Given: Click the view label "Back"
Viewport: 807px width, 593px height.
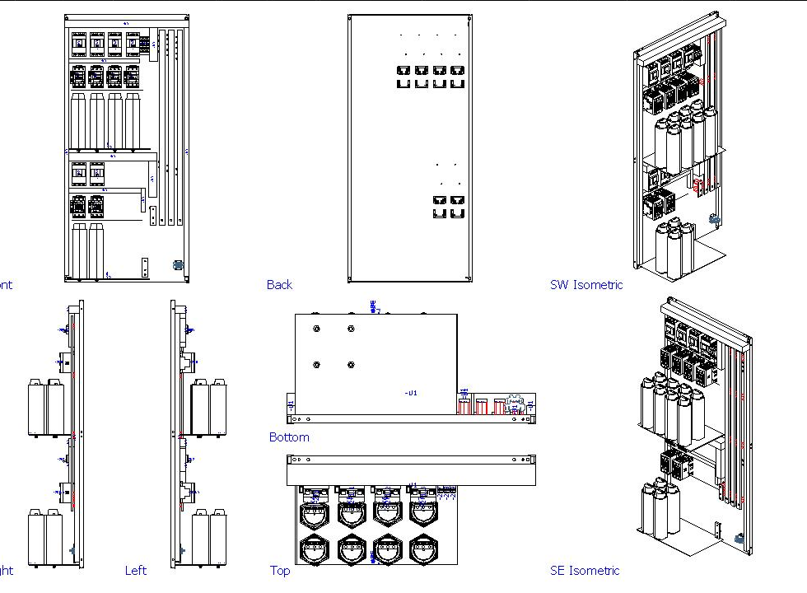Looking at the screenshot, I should (279, 285).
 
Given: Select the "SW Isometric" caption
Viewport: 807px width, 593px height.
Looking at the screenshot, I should (585, 285).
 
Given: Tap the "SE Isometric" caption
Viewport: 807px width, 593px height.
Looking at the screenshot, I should (585, 570).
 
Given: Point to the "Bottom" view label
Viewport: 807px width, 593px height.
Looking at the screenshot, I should (289, 437).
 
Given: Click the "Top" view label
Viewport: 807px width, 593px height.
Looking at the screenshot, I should (280, 570).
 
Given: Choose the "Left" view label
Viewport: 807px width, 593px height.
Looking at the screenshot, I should (136, 570).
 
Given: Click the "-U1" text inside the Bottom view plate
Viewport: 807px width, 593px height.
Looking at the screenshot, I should (411, 393).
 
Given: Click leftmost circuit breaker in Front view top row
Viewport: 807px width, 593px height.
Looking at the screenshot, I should (79, 44).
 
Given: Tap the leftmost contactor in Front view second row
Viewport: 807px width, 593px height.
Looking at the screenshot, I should (79, 77).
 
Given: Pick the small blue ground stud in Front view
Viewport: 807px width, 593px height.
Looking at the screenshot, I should (177, 265).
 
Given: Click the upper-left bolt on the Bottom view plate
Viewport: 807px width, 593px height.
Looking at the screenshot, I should (316, 329).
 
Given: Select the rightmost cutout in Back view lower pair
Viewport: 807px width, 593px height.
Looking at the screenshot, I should (457, 201).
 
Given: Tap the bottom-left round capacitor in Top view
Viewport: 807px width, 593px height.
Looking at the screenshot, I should (315, 549).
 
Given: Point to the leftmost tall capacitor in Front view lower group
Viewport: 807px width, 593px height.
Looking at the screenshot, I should (79, 251).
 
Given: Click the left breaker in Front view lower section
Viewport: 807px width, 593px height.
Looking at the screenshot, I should (79, 174).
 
